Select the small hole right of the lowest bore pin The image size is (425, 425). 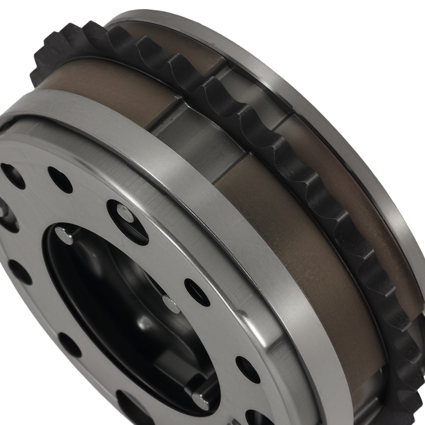[247, 369]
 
